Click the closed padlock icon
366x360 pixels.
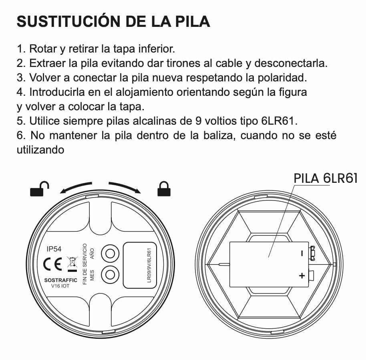(x=164, y=189)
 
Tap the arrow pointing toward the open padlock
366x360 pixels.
(x=75, y=187)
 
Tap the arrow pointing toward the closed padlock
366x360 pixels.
(x=125, y=187)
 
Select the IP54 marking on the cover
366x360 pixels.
(x=54, y=249)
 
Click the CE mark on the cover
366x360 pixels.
(x=52, y=264)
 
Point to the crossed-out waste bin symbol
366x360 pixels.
(x=72, y=264)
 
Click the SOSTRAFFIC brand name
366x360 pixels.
(x=61, y=280)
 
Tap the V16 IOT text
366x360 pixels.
(x=60, y=286)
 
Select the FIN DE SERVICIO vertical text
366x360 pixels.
(x=85, y=264)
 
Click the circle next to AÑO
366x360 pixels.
(x=110, y=253)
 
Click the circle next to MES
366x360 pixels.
(x=110, y=275)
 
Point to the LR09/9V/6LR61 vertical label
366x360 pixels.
(x=149, y=265)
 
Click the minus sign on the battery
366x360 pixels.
(x=302, y=253)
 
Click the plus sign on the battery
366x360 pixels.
(x=302, y=276)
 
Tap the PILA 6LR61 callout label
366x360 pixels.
(x=326, y=178)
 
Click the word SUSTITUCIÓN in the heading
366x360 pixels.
(x=68, y=21)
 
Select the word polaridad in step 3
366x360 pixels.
(x=282, y=78)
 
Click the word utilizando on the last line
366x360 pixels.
(x=40, y=150)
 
